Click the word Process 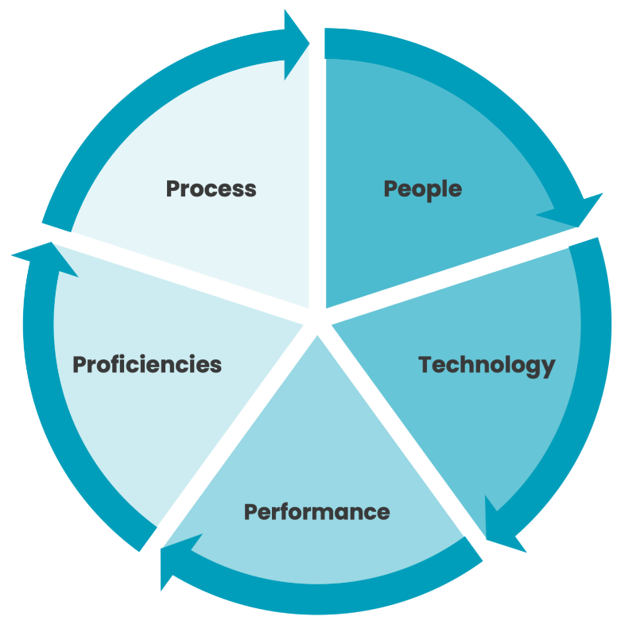tap(211, 188)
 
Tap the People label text tap(422, 188)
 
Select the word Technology tap(487, 365)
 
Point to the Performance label tap(316, 511)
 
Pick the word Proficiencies tap(147, 365)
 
